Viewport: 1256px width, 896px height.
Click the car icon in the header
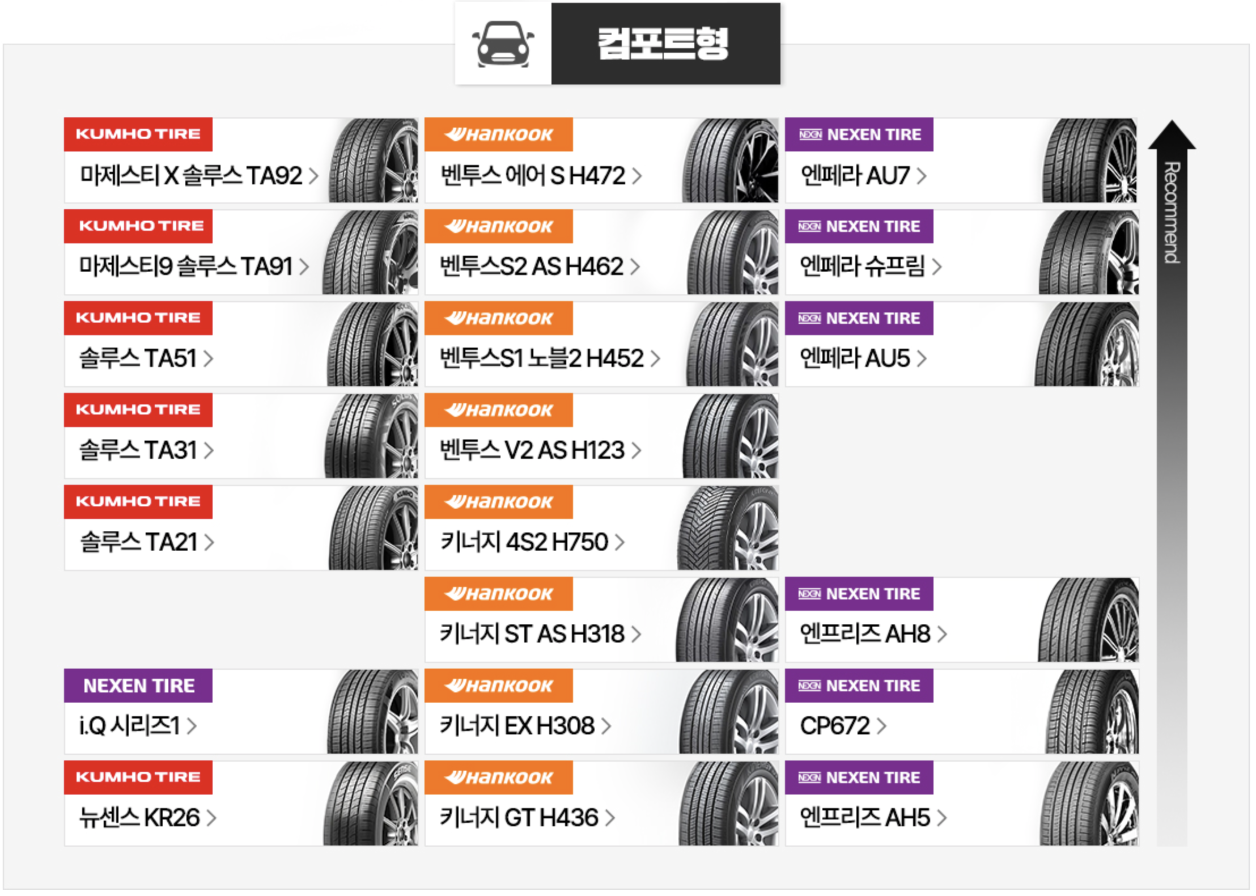(503, 44)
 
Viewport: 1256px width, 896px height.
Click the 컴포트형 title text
(663, 44)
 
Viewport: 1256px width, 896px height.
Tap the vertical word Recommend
(1172, 213)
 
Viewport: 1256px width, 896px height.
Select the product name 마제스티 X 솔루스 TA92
(191, 176)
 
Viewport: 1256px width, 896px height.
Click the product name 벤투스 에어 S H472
(533, 176)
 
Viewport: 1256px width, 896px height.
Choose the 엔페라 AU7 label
(855, 176)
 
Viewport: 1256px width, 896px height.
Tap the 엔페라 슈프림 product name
(862, 267)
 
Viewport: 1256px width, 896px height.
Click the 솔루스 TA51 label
(138, 358)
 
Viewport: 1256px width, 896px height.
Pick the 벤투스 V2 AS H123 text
(532, 450)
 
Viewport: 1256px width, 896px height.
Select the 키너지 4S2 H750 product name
(524, 542)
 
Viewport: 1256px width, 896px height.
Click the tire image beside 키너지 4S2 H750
(728, 529)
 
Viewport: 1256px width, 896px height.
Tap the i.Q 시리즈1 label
(130, 726)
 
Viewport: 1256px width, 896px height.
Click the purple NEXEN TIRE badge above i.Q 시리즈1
(138, 686)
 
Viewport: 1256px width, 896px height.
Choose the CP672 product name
(835, 726)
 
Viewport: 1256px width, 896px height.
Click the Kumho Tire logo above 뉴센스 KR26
(138, 777)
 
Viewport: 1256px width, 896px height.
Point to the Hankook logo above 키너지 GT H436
(499, 777)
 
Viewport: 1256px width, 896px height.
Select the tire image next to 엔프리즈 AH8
(1088, 620)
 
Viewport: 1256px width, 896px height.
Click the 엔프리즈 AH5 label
(865, 818)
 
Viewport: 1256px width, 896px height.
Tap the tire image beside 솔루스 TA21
(372, 529)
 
